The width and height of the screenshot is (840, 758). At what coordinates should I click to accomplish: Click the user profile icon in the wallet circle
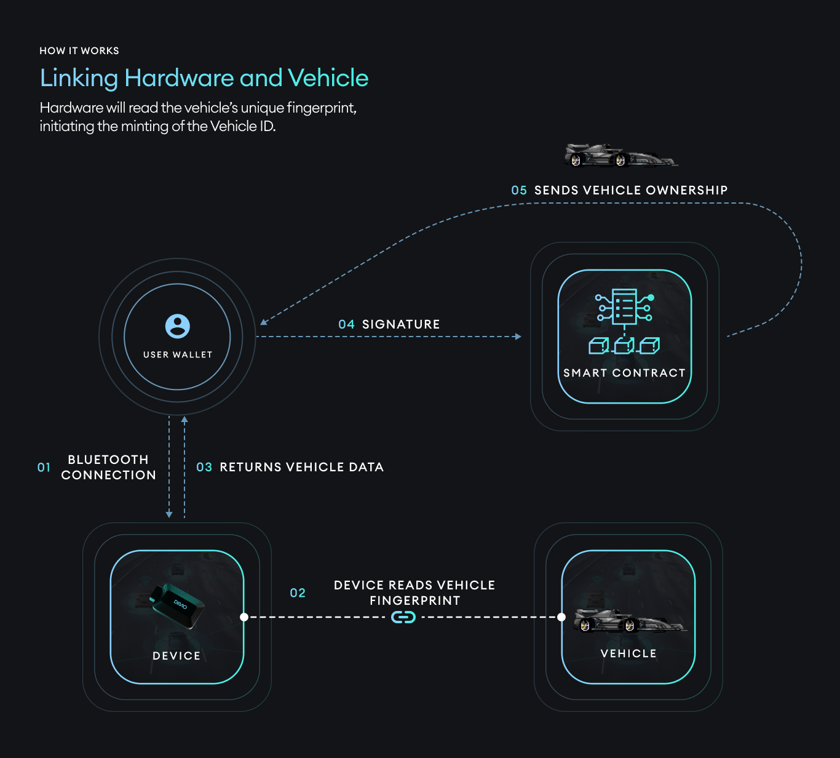tap(178, 326)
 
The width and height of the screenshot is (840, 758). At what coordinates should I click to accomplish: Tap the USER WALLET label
tap(178, 355)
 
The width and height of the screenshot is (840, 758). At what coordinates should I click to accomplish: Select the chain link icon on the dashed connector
tap(403, 616)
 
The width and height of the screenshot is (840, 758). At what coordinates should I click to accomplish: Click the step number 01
tap(44, 468)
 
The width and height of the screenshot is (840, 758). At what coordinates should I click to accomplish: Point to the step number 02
tap(298, 593)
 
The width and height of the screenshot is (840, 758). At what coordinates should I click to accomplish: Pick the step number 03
tap(204, 468)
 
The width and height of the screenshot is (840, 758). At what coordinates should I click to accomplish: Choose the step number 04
tap(346, 325)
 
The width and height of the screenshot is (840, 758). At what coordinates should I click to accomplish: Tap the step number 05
tap(519, 191)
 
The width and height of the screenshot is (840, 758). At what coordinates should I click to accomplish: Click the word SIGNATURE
tap(401, 325)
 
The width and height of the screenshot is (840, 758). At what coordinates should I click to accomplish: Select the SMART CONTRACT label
tap(624, 373)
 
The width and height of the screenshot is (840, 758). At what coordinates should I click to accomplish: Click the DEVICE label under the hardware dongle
tap(176, 656)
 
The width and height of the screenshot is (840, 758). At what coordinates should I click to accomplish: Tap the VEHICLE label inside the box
tap(628, 653)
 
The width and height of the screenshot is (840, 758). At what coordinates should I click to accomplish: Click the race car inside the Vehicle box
tap(628, 621)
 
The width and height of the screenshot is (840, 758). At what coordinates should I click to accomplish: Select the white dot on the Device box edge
tap(244, 616)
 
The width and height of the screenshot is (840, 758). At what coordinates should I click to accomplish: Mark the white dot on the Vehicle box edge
tap(561, 616)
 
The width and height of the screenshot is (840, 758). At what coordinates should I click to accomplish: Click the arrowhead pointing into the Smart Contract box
tap(518, 337)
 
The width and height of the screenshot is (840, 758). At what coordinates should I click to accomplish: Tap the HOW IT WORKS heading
tap(79, 51)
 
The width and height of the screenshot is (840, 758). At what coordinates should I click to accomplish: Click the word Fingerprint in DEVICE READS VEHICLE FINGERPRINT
tap(414, 600)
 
